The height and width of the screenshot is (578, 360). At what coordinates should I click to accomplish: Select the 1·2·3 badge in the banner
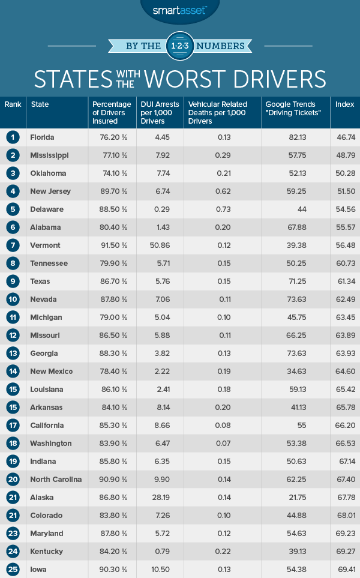pos(180,46)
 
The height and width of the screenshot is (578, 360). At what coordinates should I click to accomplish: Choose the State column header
pos(40,104)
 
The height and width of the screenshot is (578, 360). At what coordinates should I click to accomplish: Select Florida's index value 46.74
pos(344,137)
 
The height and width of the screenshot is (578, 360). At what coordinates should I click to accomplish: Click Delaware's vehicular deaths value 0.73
pos(224,209)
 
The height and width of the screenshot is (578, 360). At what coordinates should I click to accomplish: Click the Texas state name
pos(40,281)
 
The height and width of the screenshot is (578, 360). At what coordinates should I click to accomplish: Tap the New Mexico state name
pos(51,372)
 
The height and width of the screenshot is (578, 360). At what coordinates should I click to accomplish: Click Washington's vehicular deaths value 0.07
pos(224,444)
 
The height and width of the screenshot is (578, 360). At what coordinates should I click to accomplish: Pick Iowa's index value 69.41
pos(344,570)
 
